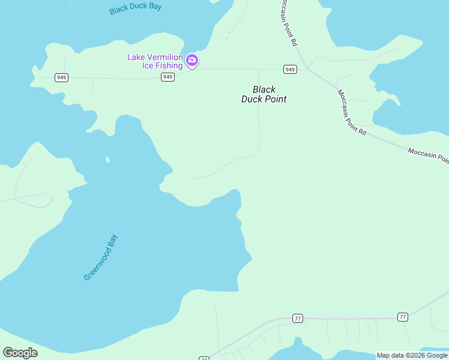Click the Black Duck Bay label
point(136,8)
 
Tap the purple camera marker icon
point(192,59)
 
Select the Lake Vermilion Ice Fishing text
point(155,61)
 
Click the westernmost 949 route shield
point(61,77)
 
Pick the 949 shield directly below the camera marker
point(168,77)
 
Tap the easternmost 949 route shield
point(291,69)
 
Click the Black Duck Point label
point(264,94)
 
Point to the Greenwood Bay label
point(101,257)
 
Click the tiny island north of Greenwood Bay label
point(108,160)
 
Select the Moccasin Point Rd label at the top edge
point(289,23)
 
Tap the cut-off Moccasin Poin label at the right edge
point(428,155)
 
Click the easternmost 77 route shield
point(402,316)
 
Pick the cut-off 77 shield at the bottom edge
point(204,358)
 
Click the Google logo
point(20,353)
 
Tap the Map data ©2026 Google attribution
point(412,355)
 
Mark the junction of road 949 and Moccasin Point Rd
point(307,68)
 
